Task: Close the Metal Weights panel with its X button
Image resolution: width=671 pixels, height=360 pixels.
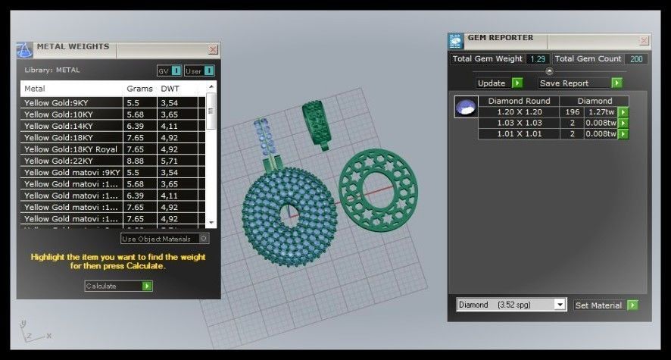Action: (213, 49)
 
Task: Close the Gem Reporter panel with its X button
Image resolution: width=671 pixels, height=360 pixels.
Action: (644, 40)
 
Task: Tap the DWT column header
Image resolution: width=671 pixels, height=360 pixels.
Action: (170, 89)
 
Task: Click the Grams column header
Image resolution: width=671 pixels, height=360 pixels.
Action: (139, 89)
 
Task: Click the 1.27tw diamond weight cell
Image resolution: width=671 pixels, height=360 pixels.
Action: (601, 111)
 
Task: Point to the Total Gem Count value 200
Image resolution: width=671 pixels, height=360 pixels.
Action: (635, 59)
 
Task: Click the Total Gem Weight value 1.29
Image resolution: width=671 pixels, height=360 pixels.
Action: (538, 59)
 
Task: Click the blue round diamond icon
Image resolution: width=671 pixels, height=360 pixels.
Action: (465, 108)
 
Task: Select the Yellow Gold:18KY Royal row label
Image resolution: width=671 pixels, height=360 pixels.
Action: (71, 149)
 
